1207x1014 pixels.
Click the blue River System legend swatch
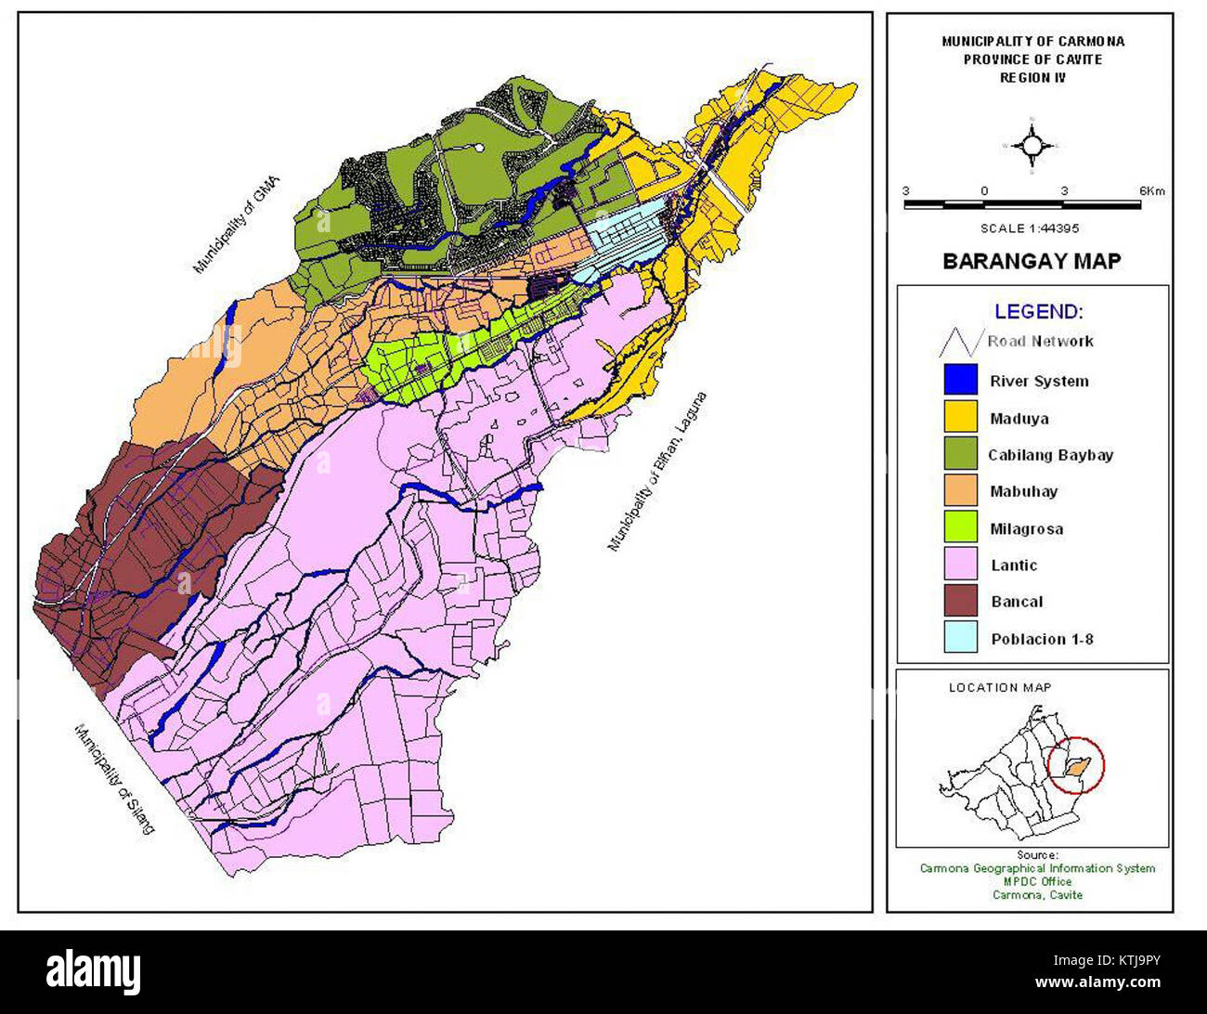tap(960, 380)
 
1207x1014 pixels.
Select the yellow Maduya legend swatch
tap(960, 417)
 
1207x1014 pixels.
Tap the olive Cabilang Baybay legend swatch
tap(960, 454)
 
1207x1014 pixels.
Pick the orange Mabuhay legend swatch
tap(960, 491)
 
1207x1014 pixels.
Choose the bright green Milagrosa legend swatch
tap(960, 527)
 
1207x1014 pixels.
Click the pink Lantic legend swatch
tap(960, 565)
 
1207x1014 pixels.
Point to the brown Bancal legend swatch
tap(960, 601)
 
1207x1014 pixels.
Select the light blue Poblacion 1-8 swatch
tap(960, 638)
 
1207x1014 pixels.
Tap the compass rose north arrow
tap(1032, 146)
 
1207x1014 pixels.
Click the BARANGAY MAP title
tap(1031, 261)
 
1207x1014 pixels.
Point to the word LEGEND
tap(1038, 312)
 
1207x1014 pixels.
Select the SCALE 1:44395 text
tap(1030, 227)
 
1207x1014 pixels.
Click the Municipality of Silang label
tap(114, 778)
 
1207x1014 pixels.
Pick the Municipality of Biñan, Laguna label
tap(656, 473)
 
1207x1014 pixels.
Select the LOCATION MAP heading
tap(1000, 687)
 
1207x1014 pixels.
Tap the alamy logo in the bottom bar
tap(94, 971)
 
